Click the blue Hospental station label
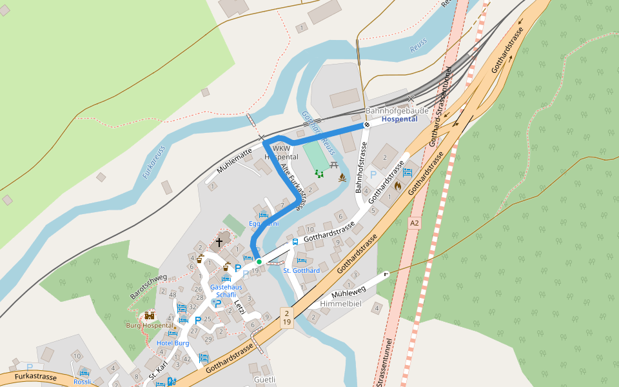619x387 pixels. [399, 119]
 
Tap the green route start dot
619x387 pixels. [259, 261]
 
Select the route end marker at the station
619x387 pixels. [366, 124]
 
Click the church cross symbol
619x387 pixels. [219, 243]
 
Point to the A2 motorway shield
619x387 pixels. [414, 223]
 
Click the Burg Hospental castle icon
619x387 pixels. [150, 315]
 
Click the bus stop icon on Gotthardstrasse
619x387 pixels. [295, 242]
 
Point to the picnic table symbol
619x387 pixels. [334, 165]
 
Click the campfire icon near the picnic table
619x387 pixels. [343, 177]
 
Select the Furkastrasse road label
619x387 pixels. [36, 377]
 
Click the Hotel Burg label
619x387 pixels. [173, 343]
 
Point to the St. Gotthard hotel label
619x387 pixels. [302, 270]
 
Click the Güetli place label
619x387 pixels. [265, 380]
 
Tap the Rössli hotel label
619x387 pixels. [83, 381]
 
